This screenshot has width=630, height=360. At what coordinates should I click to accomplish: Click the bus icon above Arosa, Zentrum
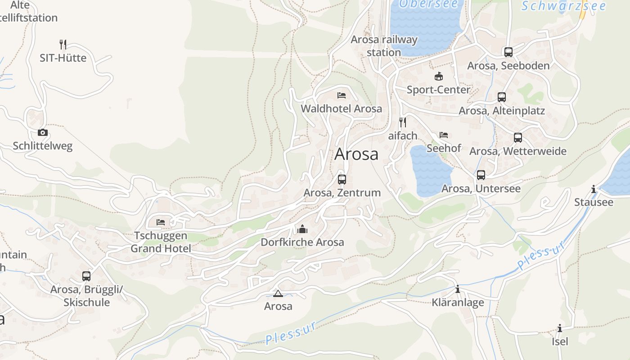coord(342,179)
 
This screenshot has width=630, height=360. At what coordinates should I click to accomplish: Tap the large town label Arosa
coord(356,154)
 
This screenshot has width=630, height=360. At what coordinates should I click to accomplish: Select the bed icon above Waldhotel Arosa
coord(342,95)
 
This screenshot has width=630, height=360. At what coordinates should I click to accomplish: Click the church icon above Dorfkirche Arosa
coord(302,229)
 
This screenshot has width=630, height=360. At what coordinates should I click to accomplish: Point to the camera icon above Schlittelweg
coord(43,132)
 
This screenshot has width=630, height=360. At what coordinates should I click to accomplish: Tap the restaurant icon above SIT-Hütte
coord(63,45)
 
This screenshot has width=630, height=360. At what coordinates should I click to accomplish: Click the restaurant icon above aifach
coord(403,122)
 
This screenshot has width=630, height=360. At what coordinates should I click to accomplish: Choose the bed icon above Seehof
coord(444,135)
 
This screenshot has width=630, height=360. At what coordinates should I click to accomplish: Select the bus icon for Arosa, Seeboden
coord(508,52)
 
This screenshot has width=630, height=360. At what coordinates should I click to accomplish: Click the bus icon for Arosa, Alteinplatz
coord(502,97)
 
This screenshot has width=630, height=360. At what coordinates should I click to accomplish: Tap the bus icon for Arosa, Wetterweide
coord(518,137)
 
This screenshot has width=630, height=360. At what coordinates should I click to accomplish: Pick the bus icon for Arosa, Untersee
coord(481,175)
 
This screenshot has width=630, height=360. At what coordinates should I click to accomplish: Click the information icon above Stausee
coord(594,189)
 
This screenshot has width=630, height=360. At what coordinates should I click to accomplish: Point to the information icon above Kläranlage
coord(458,289)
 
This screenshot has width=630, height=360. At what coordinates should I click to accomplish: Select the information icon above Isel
coord(560,328)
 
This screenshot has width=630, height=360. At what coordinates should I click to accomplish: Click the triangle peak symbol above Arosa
coord(278,294)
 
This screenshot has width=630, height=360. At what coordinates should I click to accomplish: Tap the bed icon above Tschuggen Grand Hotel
coord(161,222)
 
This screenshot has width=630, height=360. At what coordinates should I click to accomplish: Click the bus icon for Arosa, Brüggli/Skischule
coord(86,276)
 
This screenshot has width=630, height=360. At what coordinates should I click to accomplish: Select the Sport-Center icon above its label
coord(438,76)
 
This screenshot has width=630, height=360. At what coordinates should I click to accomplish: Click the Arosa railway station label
coord(384,46)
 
